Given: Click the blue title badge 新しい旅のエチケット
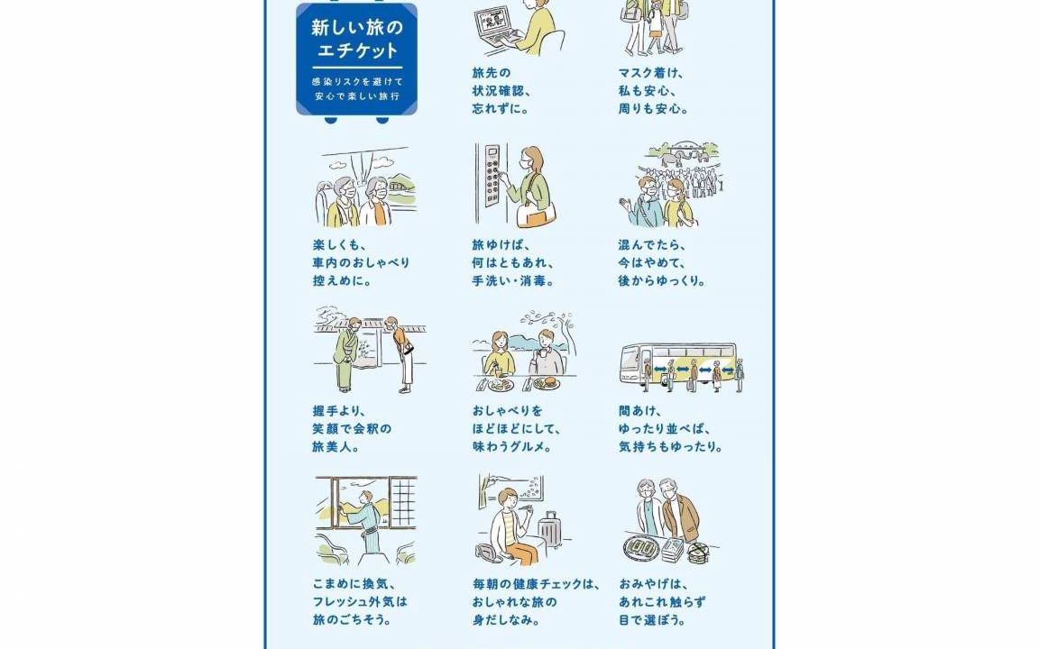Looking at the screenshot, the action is pyautogui.click(x=356, y=59).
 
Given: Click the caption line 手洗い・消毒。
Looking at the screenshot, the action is pyautogui.click(x=513, y=281).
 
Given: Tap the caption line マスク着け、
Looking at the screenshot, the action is pyautogui.click(x=650, y=73).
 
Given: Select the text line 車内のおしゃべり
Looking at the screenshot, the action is pyautogui.click(x=361, y=263).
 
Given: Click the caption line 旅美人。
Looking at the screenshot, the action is pyautogui.click(x=336, y=447).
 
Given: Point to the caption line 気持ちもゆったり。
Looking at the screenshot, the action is pyautogui.click(x=670, y=447).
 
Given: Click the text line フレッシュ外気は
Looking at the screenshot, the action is pyautogui.click(x=360, y=602).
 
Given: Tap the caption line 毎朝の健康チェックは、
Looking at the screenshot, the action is pyautogui.click(x=536, y=584).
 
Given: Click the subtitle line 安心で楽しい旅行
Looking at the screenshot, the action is pyautogui.click(x=357, y=96).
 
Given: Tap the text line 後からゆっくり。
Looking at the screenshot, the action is pyautogui.click(x=661, y=281).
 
